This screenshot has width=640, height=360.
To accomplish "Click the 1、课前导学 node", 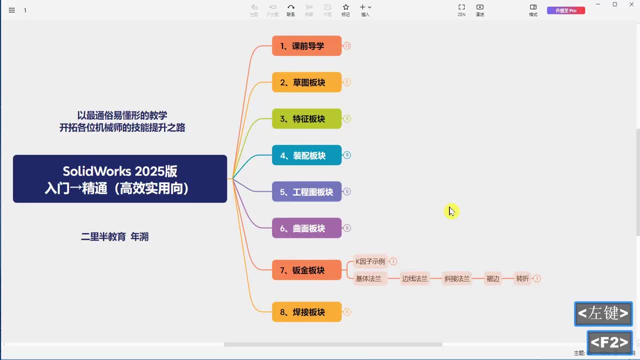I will pos(306,46).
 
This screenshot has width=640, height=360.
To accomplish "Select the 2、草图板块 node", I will pos(306,82).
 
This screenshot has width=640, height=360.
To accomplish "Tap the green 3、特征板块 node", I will pos(306,119).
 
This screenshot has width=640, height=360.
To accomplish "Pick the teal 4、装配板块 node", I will pos(306,155).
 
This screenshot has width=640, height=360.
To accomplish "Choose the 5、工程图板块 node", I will pos(306,192).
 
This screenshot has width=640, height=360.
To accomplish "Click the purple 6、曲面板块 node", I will pos(306,228).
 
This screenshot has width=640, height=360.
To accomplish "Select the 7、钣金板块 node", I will pos(306,270).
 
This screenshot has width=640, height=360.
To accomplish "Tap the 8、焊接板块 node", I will pos(306,312).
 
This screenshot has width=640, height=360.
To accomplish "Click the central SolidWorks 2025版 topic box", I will pos(120,179).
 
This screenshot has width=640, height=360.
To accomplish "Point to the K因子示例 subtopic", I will pos(370,261).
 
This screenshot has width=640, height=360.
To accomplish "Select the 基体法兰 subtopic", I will pos(368,278).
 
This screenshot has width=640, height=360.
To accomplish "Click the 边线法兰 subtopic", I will pos(414,278).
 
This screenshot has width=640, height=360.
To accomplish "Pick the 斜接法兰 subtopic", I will pos(457,278).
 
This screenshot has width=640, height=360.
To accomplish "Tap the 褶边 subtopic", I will pos(493,278).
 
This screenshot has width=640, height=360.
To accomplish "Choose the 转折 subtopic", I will pos(522,278).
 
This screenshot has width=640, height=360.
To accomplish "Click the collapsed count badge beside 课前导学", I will pos(347,46).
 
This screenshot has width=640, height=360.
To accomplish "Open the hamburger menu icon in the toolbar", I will pos(12,10).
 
